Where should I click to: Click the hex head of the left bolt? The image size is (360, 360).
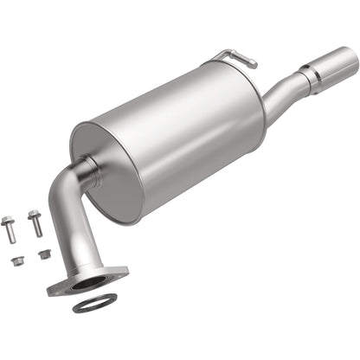[10, 220]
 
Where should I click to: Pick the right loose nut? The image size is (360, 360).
[45, 254]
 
